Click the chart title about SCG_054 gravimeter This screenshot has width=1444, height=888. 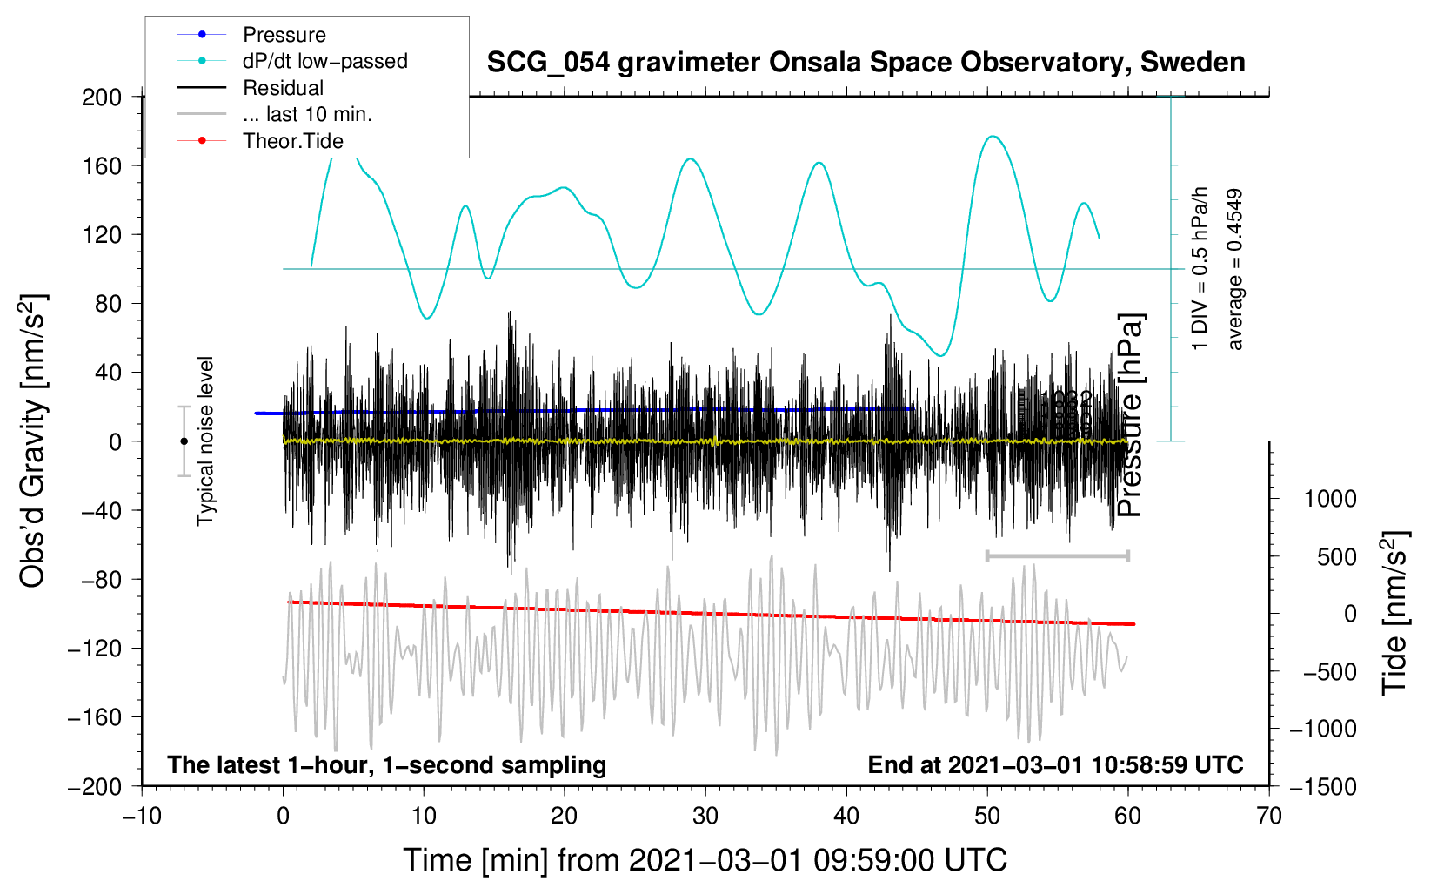(866, 63)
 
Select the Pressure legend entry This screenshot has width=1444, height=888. (284, 35)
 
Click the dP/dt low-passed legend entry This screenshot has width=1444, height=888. (324, 61)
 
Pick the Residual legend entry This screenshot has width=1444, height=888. (283, 88)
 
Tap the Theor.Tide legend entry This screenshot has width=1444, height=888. (292, 141)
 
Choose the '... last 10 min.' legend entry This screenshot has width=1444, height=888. (307, 114)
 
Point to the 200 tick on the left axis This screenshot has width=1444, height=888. (102, 97)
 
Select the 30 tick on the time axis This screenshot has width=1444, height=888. (705, 816)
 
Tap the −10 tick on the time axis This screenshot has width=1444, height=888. (142, 816)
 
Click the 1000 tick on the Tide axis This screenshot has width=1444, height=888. (1329, 499)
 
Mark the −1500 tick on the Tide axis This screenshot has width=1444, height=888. (1322, 787)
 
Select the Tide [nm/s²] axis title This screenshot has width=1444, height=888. (1394, 613)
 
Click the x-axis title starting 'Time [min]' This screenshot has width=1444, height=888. (705, 860)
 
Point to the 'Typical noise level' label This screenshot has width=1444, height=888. (205, 441)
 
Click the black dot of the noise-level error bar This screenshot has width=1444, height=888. (184, 441)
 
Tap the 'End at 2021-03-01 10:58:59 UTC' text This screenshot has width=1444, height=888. (1055, 765)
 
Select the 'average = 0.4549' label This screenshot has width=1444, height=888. (1235, 269)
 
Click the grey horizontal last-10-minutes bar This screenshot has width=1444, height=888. (1057, 555)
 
